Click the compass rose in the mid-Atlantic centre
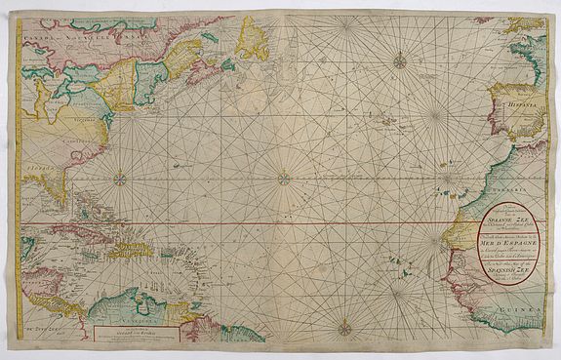(x=284, y=178)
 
